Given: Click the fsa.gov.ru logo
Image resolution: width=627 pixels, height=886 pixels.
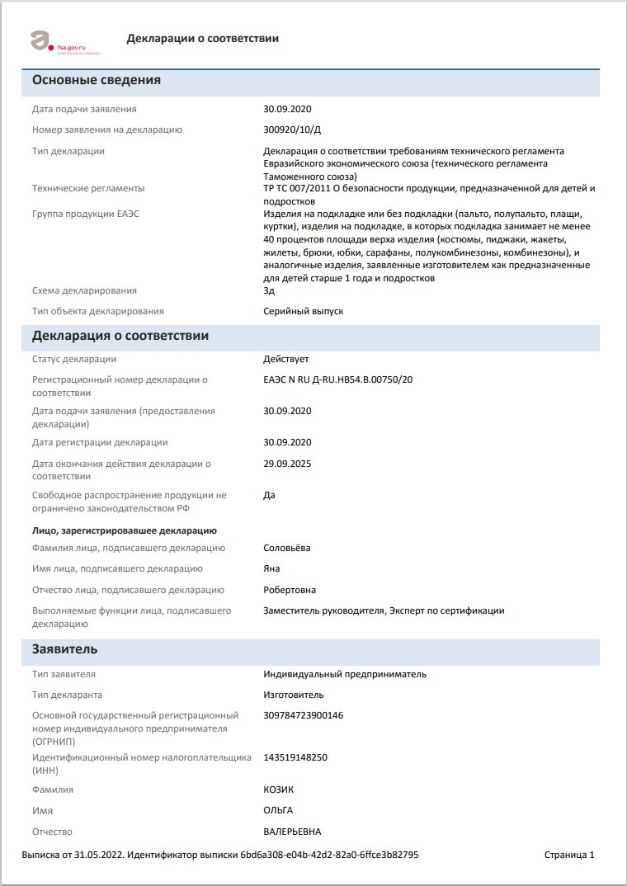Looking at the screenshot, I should click(x=64, y=41).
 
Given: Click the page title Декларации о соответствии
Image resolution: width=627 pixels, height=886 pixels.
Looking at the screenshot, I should click(x=202, y=39).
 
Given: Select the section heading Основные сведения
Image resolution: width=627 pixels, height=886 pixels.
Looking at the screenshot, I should click(x=96, y=80).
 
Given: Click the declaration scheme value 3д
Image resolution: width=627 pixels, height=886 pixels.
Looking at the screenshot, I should click(x=269, y=290).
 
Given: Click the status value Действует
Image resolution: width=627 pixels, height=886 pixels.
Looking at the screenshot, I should click(x=285, y=359).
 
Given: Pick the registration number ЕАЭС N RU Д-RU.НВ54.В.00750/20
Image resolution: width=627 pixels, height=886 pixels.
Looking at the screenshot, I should click(x=337, y=379).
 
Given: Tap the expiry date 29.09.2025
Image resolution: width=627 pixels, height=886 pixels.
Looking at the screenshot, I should click(x=287, y=464).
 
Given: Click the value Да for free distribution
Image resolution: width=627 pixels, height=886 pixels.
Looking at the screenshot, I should click(x=269, y=495).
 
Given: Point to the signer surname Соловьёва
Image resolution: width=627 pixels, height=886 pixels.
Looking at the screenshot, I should click(x=286, y=548).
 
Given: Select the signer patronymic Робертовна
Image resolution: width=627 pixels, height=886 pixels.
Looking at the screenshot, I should click(x=290, y=590).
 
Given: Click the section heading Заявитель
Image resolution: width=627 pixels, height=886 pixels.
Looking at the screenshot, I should click(x=64, y=649).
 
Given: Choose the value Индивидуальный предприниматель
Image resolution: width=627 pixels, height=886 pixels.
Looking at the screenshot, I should click(x=345, y=674).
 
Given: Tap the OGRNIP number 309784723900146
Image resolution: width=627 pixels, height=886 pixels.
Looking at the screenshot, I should click(x=303, y=715).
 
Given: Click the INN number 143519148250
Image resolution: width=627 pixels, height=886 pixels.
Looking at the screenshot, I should click(x=295, y=757).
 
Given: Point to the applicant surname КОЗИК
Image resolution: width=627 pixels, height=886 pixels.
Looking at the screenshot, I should click(x=279, y=789).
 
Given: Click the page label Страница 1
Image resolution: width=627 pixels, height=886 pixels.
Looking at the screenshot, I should click(x=569, y=855).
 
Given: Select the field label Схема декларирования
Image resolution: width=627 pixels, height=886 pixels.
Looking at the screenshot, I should click(x=84, y=290).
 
